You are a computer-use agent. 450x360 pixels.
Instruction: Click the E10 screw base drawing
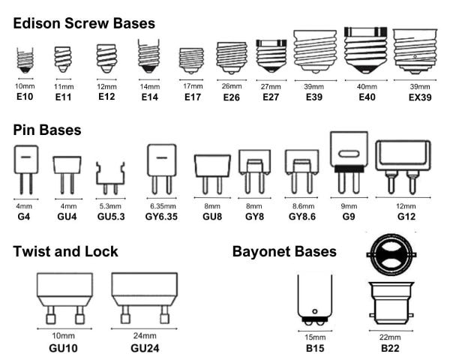click(x=25, y=60)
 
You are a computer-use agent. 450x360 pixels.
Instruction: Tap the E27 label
click(x=271, y=97)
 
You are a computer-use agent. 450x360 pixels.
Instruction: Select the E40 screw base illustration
click(x=366, y=50)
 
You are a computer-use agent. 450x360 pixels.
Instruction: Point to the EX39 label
click(x=420, y=97)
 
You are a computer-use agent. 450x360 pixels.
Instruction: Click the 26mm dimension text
click(x=232, y=86)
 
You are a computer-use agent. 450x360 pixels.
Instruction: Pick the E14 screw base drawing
click(x=148, y=56)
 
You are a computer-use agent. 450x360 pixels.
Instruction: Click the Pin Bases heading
click(x=47, y=130)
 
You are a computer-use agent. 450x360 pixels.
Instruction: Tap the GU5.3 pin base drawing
click(x=110, y=178)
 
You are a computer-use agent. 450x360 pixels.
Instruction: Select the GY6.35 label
click(x=161, y=217)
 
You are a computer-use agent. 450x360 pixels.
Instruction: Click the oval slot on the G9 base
click(x=349, y=154)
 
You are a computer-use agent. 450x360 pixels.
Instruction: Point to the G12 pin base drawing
click(x=403, y=167)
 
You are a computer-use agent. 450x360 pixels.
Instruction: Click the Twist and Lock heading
click(x=65, y=251)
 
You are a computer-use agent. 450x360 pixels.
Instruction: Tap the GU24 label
click(x=145, y=348)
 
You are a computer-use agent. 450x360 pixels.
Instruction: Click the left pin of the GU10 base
click(x=50, y=315)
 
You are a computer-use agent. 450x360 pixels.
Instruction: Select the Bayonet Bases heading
click(x=284, y=251)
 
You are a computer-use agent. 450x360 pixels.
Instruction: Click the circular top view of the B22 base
click(x=391, y=255)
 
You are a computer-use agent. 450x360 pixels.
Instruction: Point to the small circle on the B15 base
click(x=314, y=311)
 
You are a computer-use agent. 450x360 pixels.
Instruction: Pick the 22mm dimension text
click(x=390, y=337)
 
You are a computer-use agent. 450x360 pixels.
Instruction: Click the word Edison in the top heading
click(x=37, y=23)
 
